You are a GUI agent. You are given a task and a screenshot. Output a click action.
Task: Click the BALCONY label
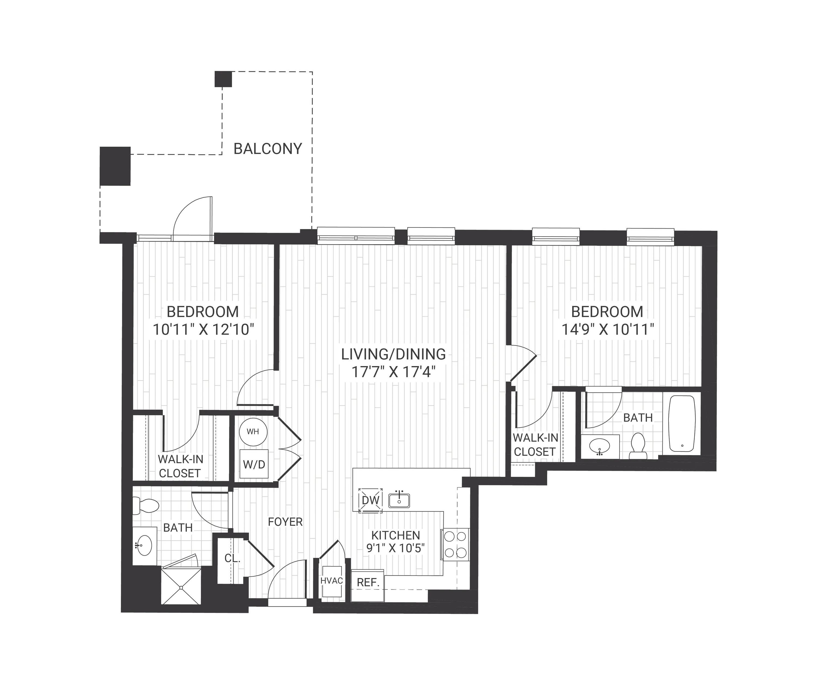pos(268,149)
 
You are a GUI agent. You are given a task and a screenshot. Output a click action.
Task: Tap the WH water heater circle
pos(253,432)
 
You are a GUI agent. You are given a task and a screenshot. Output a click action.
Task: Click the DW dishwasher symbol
pos(370,500)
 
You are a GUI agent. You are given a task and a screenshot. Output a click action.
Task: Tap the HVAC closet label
pos(331,581)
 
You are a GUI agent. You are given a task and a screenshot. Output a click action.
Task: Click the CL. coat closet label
pos(232,558)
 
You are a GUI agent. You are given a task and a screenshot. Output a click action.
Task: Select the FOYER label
pos(285,522)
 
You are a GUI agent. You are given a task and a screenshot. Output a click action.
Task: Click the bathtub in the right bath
pos(682,424)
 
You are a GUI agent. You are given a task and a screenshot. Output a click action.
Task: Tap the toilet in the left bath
pos(145,506)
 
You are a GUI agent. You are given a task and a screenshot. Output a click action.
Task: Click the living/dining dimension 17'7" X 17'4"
pos(393,372)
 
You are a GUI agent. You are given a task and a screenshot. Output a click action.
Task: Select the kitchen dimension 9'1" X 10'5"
pos(395,548)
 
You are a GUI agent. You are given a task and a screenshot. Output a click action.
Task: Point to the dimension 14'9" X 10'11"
pos(608,330)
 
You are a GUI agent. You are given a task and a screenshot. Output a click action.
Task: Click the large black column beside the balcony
pos(115,166)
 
